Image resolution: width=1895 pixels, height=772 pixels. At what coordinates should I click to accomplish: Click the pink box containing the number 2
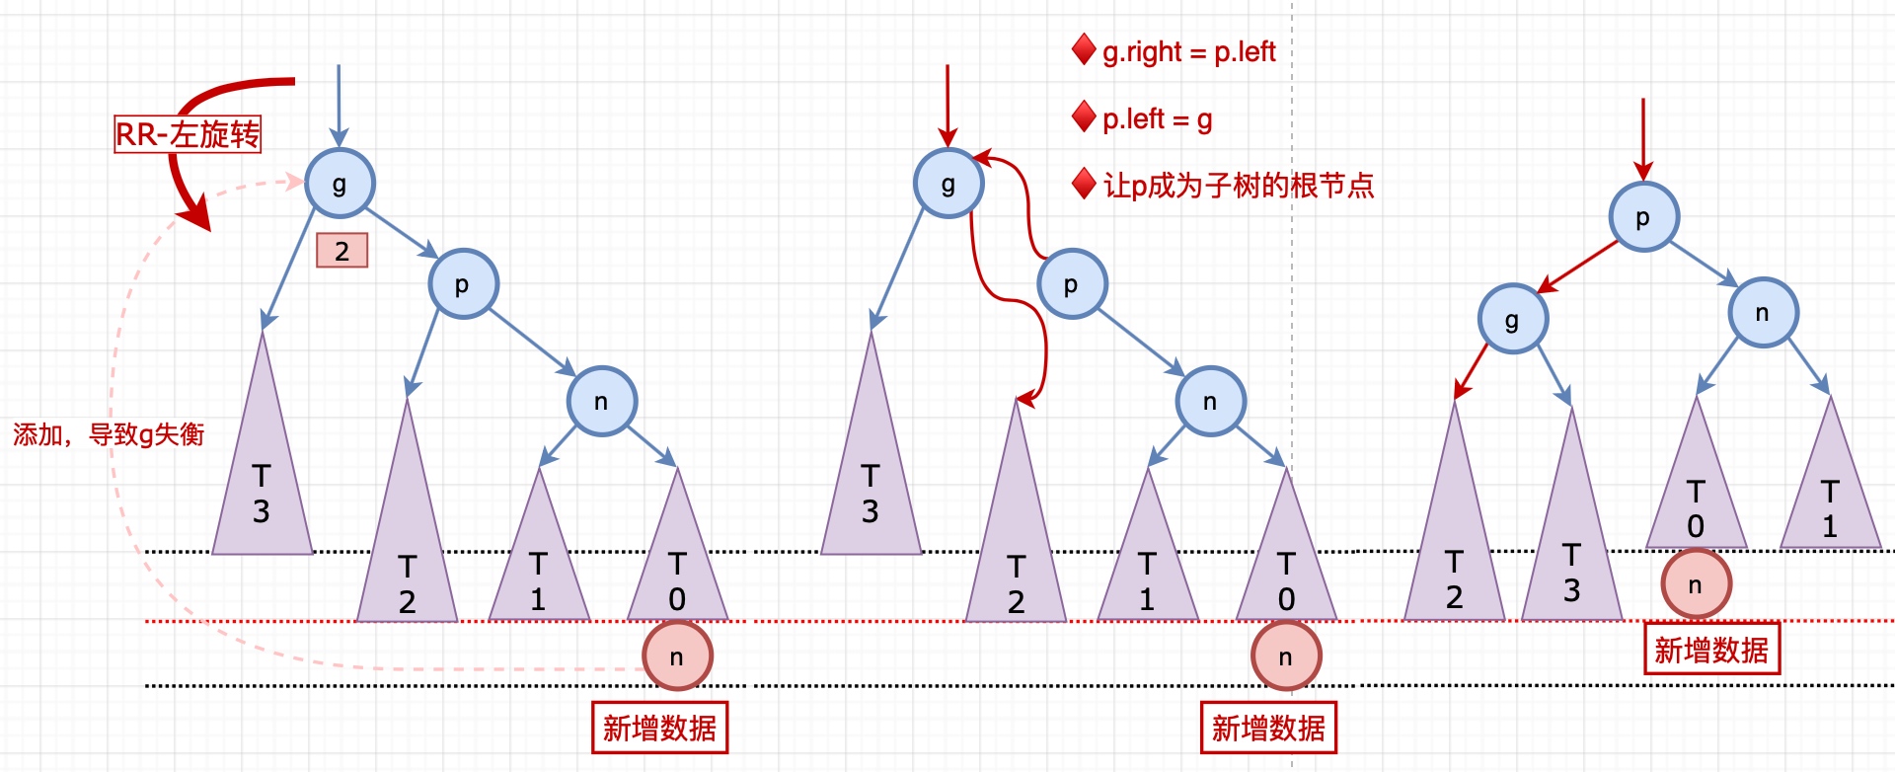coord(341,251)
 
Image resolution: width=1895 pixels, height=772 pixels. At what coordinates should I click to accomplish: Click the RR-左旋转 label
coord(188,134)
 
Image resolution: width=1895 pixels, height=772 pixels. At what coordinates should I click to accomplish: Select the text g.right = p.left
coord(1188,51)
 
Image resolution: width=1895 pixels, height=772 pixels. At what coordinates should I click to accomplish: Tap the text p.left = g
coord(1157,119)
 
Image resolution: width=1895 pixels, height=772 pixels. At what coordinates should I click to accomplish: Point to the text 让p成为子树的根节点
coord(1238,186)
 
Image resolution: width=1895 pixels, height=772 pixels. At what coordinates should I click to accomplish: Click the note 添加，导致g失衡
coord(109,434)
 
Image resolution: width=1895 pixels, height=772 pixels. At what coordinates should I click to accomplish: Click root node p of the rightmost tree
coord(1643,217)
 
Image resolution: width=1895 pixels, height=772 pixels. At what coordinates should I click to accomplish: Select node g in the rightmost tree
coord(1512,319)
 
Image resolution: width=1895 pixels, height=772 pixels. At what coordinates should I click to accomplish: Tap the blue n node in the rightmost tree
coord(1763,313)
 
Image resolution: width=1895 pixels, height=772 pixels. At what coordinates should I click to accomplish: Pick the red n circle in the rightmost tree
coord(1696,584)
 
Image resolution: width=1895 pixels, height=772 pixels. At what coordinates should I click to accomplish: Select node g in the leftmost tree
coord(340,184)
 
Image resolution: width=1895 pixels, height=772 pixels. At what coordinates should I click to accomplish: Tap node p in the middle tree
coord(1072,284)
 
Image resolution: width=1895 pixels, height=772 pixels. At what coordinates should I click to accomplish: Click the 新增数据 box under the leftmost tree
coord(659,729)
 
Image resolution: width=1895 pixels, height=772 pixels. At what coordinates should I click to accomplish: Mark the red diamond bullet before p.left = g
coord(1084,116)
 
